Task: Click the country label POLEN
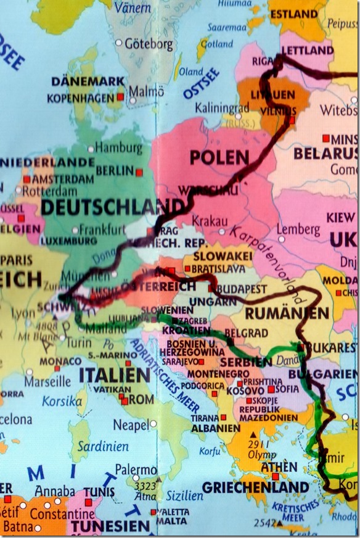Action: (x=219, y=158)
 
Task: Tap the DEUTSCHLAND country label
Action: (x=112, y=207)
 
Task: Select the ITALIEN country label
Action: (x=115, y=375)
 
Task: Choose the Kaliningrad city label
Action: (x=222, y=107)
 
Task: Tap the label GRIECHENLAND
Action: (x=255, y=487)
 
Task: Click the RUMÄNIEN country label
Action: (x=287, y=313)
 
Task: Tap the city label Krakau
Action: (x=210, y=221)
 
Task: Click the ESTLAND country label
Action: (x=293, y=14)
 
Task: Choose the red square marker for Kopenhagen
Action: (x=120, y=97)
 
